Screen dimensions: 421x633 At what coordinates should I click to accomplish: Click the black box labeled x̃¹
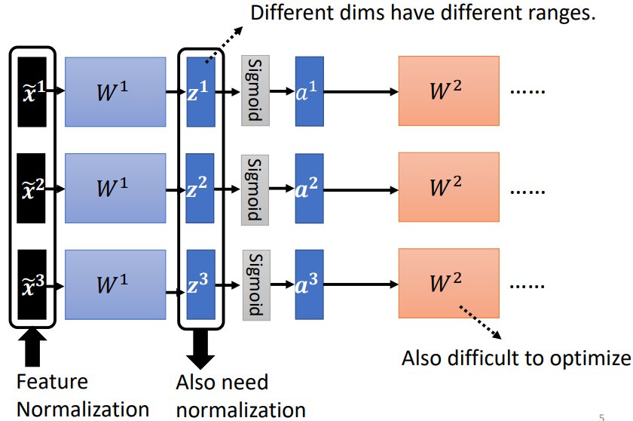coord(32,91)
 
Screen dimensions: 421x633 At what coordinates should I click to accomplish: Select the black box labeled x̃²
coord(32,187)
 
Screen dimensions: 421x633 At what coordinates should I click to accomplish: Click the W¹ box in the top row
coord(115,91)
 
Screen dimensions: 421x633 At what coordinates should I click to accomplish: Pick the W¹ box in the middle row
coord(115,187)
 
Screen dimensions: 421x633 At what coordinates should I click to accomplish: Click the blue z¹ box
coord(200,91)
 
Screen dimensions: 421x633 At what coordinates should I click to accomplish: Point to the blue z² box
coord(200,187)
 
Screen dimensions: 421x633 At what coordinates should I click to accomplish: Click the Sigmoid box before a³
coord(255,284)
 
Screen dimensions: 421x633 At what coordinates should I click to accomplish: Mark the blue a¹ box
coord(309,91)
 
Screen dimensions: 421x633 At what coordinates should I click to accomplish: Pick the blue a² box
coord(309,187)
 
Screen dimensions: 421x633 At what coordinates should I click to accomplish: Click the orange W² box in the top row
coord(448,91)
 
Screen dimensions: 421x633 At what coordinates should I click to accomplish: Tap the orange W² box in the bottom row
coord(448,284)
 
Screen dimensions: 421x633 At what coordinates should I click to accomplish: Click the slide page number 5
coord(601,416)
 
